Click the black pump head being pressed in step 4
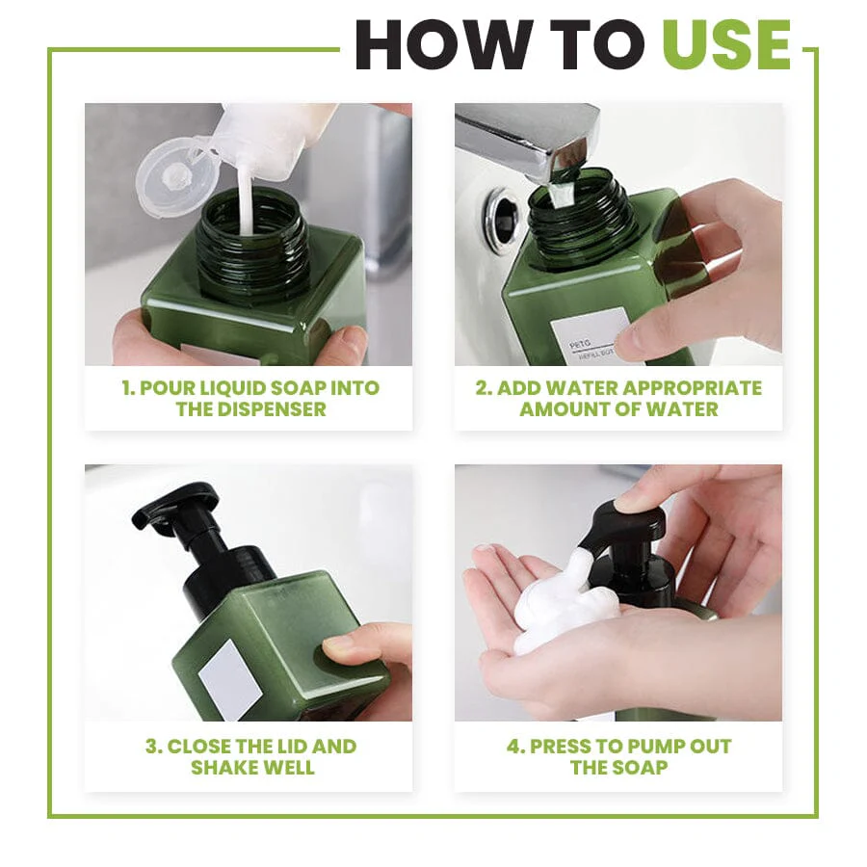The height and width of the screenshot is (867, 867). tap(626, 525)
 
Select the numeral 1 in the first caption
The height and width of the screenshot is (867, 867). tap(126, 388)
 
